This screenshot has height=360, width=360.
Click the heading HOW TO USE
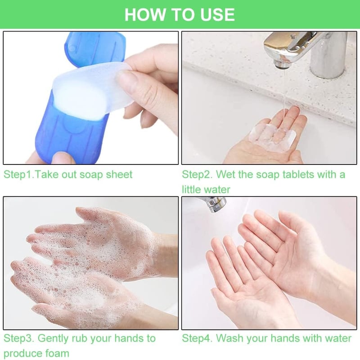pos(180,14)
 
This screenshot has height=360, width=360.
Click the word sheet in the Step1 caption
pos(119,174)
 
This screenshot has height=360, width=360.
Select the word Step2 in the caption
pos(197,175)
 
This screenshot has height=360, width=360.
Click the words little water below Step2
pos(206,190)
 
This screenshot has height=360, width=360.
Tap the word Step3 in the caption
pos(18,338)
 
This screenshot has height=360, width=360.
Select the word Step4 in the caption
pos(197,338)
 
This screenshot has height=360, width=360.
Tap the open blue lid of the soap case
pos(95,49)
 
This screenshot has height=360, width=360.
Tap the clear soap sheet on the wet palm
pos(272,136)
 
